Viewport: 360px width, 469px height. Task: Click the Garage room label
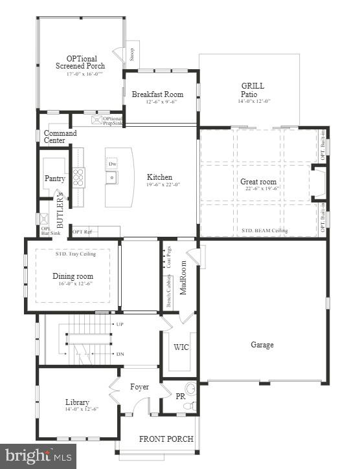coord(262,345)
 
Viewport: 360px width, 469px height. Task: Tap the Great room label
coord(258,182)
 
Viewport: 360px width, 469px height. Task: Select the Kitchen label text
coord(159,177)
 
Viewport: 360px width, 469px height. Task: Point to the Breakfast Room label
coord(162,94)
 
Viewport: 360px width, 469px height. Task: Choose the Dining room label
coord(73,276)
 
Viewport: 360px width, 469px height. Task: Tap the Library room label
coord(77,402)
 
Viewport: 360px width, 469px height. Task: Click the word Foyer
coord(139,387)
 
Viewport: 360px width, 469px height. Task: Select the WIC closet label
coord(182,347)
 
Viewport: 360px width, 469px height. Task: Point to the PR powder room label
coord(181,395)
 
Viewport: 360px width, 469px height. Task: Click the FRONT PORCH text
coord(166,439)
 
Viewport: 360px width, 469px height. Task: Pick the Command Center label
coord(60,137)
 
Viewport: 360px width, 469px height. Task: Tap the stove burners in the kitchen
coord(78,177)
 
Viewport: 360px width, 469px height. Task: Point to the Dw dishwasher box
coord(113,164)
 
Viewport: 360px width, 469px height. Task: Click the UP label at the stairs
coord(119,323)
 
